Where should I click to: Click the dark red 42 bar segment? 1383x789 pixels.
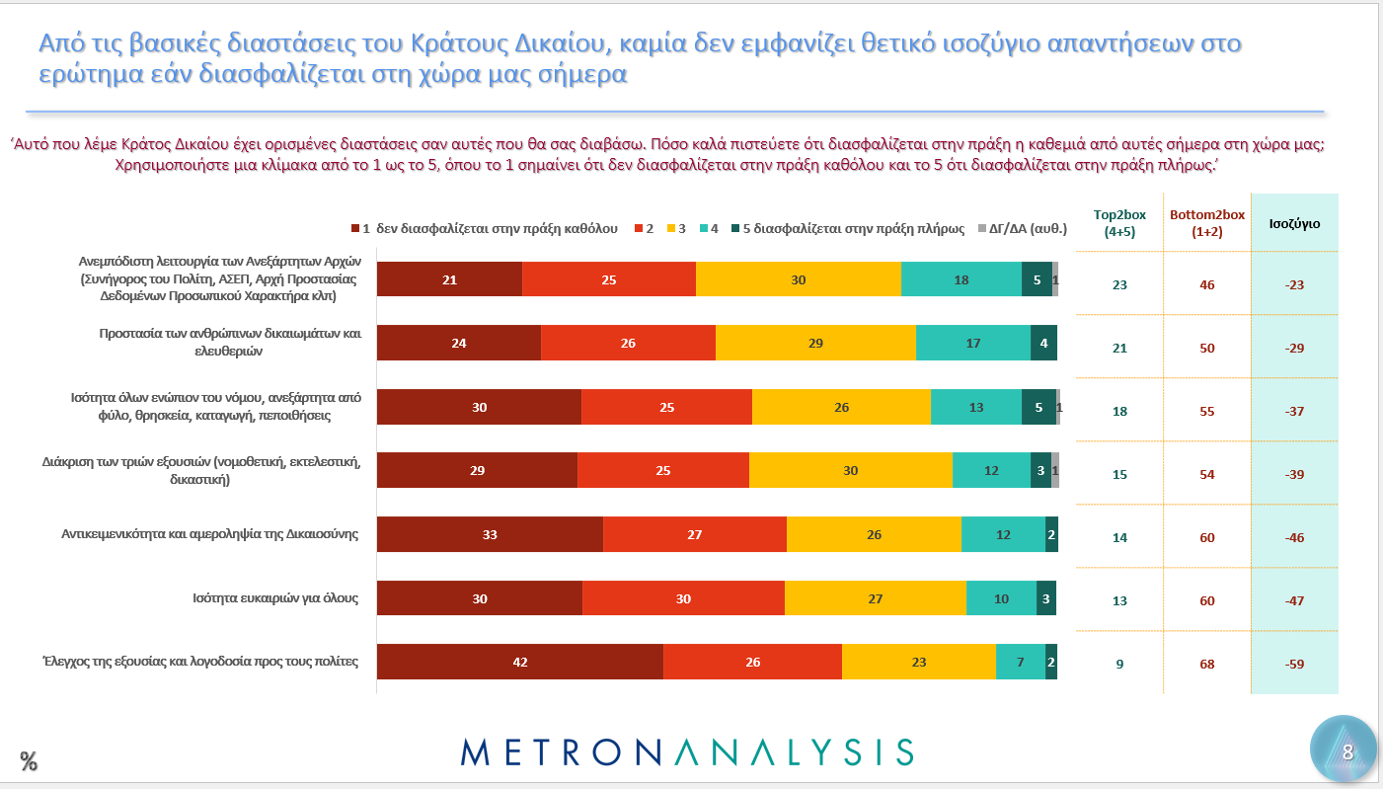tap(520, 662)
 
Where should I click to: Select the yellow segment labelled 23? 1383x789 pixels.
tap(919, 662)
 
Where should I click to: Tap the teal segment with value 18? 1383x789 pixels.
tap(961, 279)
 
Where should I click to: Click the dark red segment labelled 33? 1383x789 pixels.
tap(490, 534)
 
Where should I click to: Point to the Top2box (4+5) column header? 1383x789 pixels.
tap(1119, 223)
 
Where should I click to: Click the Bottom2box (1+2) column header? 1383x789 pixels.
tap(1207, 223)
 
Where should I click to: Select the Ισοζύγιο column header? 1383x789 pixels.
tap(1294, 224)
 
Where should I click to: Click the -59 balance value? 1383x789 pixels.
tap(1294, 664)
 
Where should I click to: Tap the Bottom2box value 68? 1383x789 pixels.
tap(1206, 664)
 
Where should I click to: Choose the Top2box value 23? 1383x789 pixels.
tap(1119, 285)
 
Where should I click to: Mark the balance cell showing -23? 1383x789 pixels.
tap(1294, 285)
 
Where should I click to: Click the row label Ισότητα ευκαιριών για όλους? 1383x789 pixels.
tap(275, 597)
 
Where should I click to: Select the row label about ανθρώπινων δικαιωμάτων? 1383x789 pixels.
tap(230, 341)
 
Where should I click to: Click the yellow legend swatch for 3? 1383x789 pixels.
tap(676, 229)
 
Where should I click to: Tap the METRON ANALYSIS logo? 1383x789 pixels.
tap(687, 751)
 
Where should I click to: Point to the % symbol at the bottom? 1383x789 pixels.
tap(29, 761)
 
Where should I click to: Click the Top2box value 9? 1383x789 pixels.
tap(1119, 664)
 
